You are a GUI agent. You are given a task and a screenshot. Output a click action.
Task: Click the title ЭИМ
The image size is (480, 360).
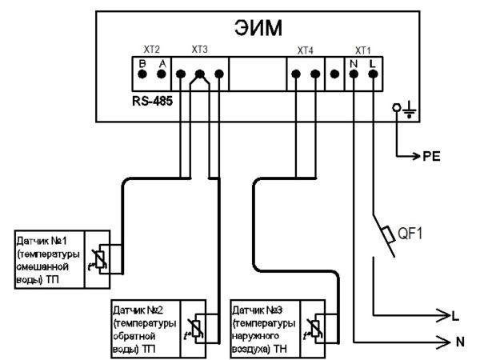coord(258,27)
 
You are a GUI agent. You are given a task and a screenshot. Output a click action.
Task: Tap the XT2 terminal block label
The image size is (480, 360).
coord(152,50)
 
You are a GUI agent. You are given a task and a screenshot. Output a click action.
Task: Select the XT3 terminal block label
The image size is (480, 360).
coord(199,50)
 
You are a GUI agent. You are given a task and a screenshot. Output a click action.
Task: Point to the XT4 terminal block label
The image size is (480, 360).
coord(306,50)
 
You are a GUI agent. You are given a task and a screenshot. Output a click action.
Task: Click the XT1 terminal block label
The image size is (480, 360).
coord(362,50)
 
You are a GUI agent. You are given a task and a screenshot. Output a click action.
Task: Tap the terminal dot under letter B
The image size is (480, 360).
coord(142,74)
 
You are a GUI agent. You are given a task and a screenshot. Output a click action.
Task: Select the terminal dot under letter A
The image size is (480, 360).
coord(162,74)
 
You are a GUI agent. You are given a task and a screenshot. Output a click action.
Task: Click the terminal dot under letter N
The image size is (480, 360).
coord(354,74)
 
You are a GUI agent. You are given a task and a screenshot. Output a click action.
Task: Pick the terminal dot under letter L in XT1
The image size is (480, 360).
coord(373,74)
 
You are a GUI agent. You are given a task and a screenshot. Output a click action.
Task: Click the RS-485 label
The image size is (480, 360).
coord(153,101)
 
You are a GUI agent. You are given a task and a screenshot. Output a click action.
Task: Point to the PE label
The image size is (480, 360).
coord(431,157)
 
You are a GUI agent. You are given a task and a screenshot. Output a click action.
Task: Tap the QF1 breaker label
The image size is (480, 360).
coord(410,234)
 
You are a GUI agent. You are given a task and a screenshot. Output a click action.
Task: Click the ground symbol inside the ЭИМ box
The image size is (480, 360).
coord(410,111)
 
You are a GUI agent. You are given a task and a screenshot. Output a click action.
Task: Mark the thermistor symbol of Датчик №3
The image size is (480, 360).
coord(314,330)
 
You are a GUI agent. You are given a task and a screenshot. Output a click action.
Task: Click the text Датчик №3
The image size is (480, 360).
coord(257,310)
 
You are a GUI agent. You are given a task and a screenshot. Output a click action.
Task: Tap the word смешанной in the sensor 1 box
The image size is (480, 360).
coord(42,267)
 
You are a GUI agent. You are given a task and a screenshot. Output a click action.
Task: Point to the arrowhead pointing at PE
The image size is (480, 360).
coord(416,157)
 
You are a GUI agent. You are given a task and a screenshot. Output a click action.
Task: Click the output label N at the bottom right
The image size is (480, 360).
coord(460,342)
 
